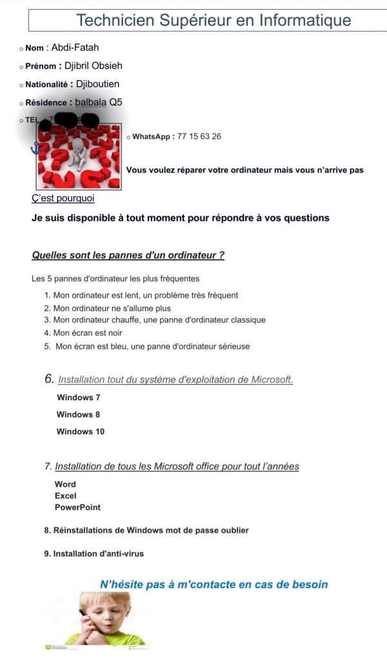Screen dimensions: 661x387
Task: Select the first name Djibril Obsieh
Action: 93,65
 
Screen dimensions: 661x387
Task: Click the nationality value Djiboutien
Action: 97,84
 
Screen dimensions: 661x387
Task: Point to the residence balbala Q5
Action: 98,102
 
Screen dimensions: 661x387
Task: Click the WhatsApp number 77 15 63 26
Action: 199,136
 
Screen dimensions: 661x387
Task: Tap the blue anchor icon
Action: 36,148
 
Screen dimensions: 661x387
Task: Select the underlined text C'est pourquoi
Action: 63,198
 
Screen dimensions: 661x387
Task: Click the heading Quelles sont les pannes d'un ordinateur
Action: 128,255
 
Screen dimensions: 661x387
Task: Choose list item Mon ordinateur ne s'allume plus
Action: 112,308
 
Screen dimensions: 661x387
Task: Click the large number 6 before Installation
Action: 49,379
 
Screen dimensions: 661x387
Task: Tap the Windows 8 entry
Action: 78,414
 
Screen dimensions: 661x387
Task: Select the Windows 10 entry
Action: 80,431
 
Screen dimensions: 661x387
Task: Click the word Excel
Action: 65,496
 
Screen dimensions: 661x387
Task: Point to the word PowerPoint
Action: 77,507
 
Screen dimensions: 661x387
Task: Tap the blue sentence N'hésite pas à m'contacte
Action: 213,584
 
